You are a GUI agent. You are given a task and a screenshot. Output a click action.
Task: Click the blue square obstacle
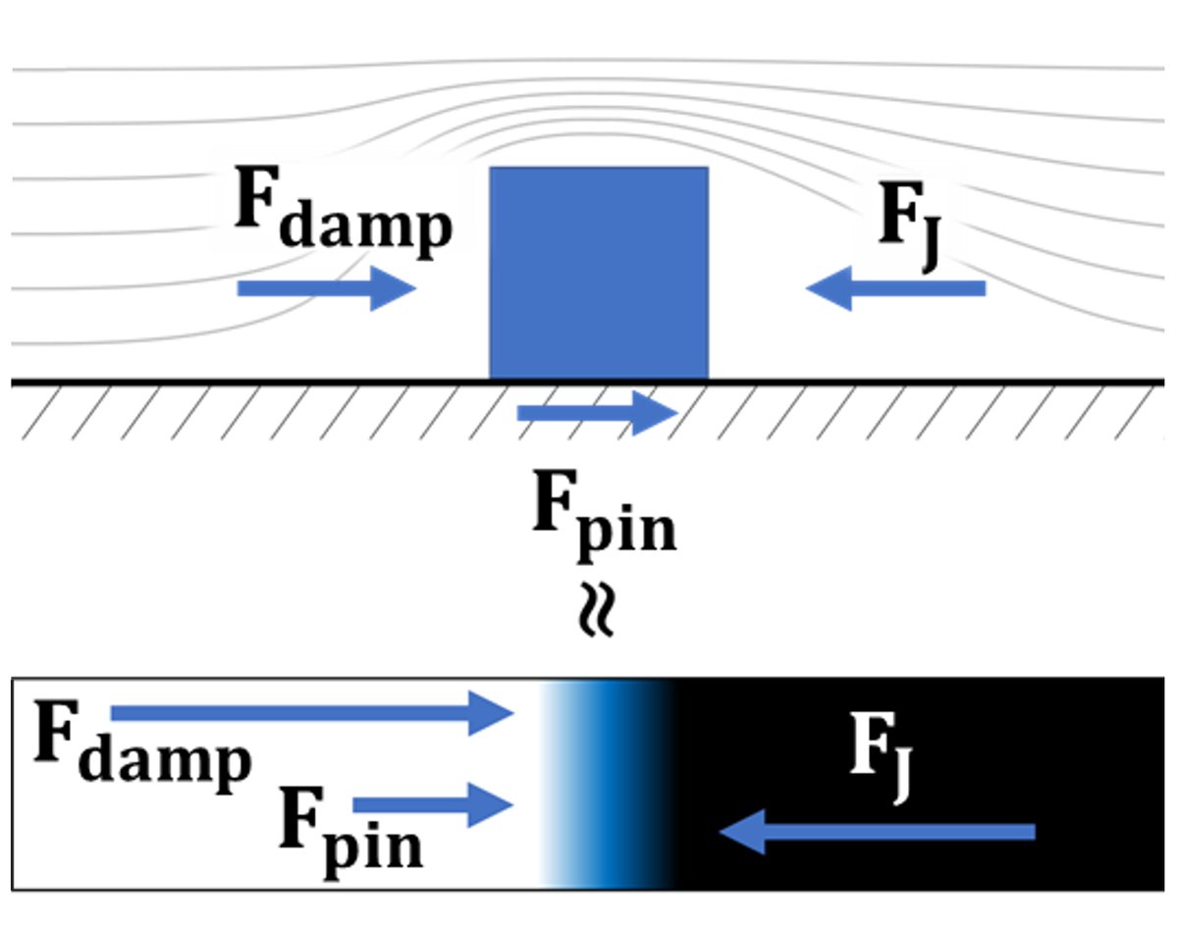tap(599, 273)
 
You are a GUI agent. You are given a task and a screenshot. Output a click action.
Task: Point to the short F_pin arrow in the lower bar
tap(433, 805)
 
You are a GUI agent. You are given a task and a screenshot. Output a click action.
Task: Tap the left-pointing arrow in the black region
tap(878, 832)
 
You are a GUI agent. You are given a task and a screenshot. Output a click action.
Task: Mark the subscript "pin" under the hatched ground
tap(628, 530)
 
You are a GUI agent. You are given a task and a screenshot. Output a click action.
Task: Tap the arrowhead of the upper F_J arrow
tap(827, 288)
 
